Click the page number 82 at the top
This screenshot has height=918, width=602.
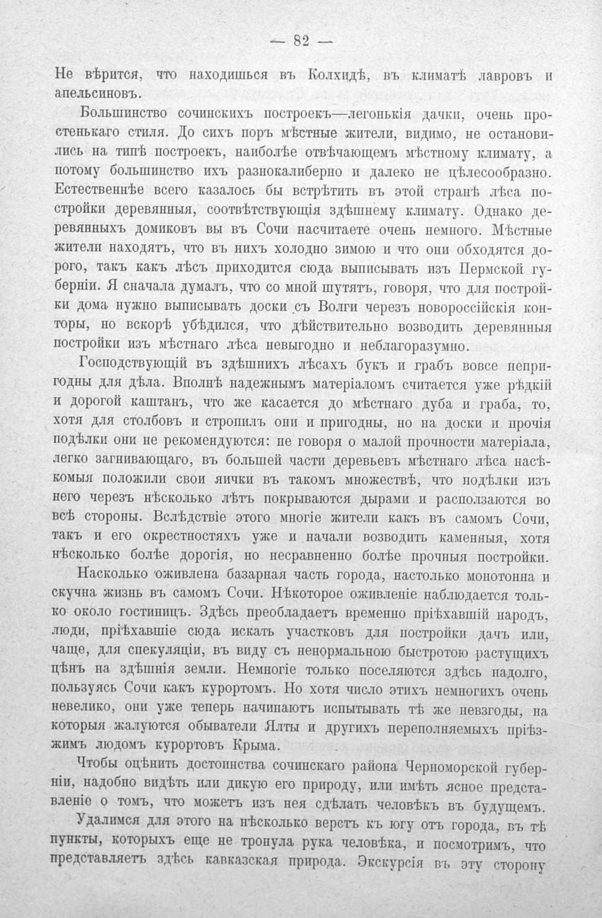click(x=301, y=41)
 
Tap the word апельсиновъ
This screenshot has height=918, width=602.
click(x=100, y=93)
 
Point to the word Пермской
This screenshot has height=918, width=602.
click(x=488, y=269)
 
